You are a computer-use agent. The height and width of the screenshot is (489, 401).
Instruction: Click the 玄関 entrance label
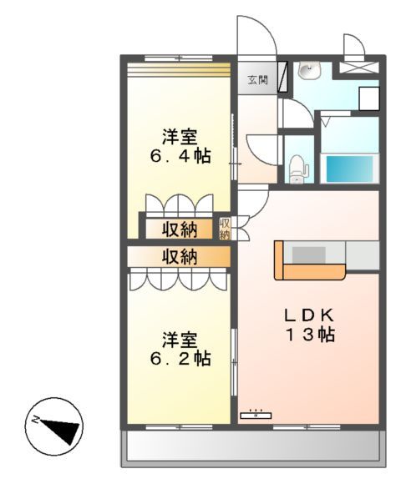(256, 80)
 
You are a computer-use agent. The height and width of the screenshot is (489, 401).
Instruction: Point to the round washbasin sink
(307, 72)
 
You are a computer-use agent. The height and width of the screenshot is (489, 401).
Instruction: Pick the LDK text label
(308, 315)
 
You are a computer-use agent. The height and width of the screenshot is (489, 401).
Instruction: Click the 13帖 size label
(309, 335)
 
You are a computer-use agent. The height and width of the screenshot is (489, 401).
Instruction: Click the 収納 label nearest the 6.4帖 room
(180, 229)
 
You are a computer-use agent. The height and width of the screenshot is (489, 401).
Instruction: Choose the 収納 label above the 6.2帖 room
(180, 256)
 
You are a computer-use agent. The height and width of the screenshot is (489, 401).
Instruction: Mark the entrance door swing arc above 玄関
(256, 38)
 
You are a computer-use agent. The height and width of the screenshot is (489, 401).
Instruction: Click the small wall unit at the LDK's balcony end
(256, 413)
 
